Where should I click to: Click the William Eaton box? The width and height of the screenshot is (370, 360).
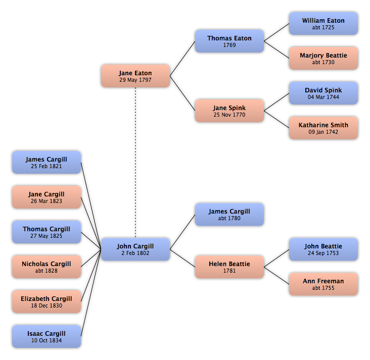323,24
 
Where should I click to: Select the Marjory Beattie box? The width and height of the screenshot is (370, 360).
323,58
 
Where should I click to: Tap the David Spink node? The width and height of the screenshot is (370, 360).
323,93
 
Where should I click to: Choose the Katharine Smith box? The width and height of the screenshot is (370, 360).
323,128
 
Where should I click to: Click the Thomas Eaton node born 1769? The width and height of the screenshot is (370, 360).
229,41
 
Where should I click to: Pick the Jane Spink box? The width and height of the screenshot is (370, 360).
229,111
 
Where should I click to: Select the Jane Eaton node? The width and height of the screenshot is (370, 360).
135,76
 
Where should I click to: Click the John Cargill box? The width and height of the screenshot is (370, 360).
135,249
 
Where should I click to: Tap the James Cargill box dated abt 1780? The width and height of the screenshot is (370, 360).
229,215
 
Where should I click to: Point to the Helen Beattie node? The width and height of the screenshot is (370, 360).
229,267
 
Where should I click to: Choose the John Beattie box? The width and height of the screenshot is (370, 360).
323,249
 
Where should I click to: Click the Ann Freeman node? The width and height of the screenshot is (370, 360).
323,284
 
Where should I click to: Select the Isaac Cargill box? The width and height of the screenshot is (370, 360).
47,336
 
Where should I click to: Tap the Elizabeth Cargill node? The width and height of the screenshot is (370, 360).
47,301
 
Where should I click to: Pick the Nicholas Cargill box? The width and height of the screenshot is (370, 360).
47,267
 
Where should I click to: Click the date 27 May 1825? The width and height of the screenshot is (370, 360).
47,236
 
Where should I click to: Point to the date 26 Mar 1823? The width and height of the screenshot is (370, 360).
47,201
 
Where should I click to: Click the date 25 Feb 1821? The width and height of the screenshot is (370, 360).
47,166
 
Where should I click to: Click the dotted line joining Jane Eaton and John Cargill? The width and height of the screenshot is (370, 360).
135,163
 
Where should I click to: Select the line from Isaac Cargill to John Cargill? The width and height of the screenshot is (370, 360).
91,293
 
